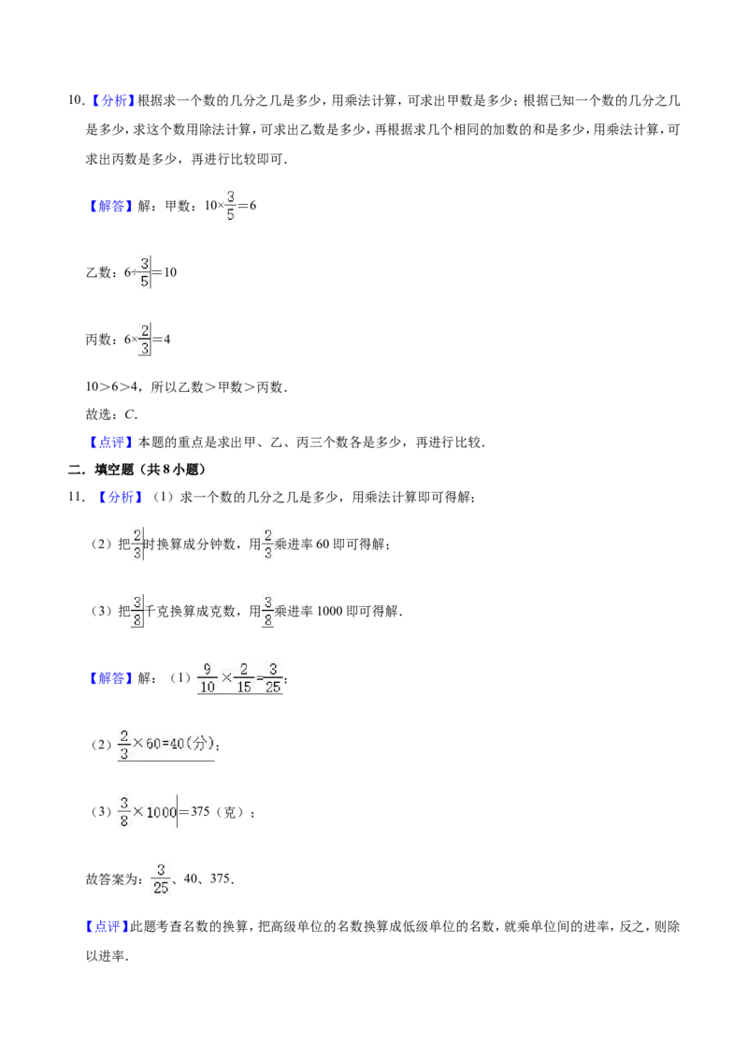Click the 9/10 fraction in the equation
(206, 677)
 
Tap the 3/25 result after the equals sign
(273, 677)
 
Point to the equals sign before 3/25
(259, 677)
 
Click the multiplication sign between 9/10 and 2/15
(224, 677)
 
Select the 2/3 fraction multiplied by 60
(123, 744)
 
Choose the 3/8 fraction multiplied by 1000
(122, 812)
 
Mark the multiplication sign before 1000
(138, 812)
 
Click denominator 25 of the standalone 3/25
(161, 888)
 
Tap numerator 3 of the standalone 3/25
(161, 870)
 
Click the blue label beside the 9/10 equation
(111, 678)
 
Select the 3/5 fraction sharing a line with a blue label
(230, 206)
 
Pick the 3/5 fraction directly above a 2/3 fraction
(144, 272)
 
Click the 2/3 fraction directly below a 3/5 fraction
(144, 340)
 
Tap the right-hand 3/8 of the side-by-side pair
(268, 610)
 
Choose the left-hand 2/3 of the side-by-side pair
(137, 543)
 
